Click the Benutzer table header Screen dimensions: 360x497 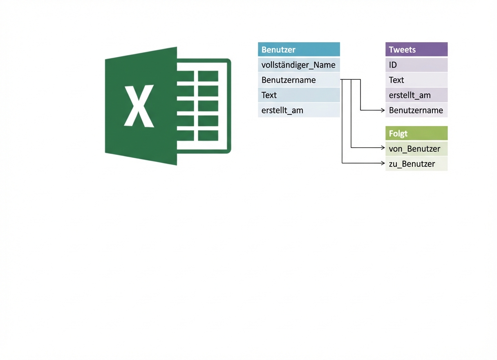click(299, 49)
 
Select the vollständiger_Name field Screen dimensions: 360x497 click(299, 65)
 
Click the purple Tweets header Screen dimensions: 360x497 click(416, 49)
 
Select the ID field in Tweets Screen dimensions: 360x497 click(416, 65)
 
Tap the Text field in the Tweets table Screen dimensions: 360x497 click(416, 80)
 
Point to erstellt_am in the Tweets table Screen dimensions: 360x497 click(416, 95)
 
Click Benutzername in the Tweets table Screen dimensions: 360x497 click(416, 110)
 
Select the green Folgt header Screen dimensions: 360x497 click(416, 133)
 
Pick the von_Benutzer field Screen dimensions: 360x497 click(416, 148)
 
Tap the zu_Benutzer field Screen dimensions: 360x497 click(416, 164)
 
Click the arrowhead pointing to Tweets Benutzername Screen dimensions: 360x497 click(383, 110)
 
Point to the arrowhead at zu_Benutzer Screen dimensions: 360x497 click(383, 163)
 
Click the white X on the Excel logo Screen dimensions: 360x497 click(139, 106)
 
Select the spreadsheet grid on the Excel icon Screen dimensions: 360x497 click(208, 106)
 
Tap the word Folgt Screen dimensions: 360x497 click(398, 134)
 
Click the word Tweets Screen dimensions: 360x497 click(402, 49)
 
